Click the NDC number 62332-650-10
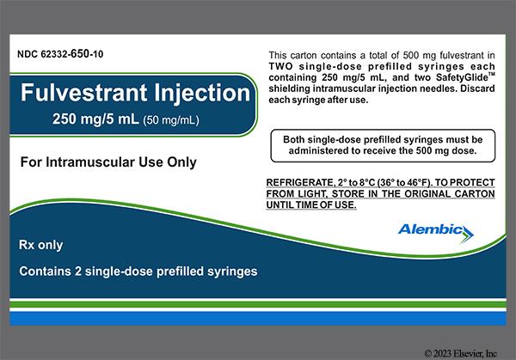tap(58, 55)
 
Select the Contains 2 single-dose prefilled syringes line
tap(138, 272)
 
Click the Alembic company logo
tap(435, 229)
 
